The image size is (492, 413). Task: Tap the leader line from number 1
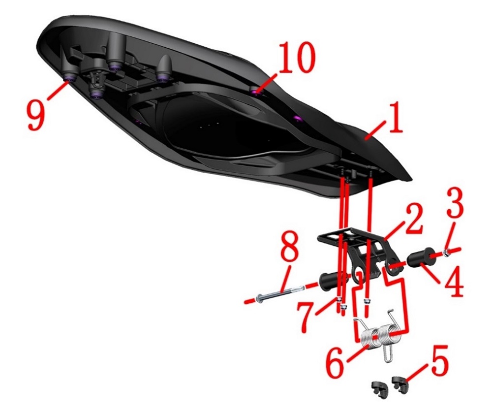tap(375, 131)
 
